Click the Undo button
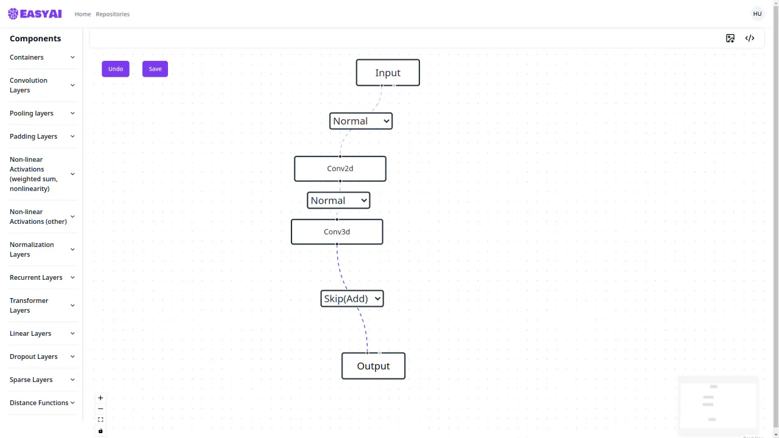click(x=116, y=69)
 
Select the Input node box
click(x=388, y=72)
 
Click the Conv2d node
click(x=340, y=169)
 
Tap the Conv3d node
click(x=337, y=232)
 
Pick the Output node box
click(x=374, y=366)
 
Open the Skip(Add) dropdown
click(x=352, y=299)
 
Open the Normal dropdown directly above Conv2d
click(x=361, y=121)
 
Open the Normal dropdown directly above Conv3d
click(x=338, y=201)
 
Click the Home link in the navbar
click(x=83, y=14)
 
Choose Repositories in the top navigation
click(x=113, y=14)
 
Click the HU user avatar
click(x=757, y=14)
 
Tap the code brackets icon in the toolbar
click(x=750, y=38)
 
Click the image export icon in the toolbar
click(x=730, y=38)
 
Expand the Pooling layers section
click(x=42, y=113)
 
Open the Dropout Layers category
click(x=42, y=356)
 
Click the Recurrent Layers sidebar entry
click(x=42, y=277)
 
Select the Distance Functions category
click(x=42, y=403)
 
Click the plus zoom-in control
click(x=100, y=398)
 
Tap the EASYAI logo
click(x=35, y=14)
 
